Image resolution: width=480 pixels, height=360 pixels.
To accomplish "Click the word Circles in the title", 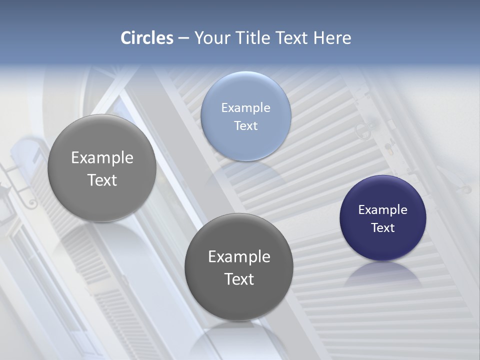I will click(146, 38).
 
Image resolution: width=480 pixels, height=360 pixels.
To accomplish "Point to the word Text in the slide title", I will click(292, 38).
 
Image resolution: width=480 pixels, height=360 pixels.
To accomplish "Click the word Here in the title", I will click(332, 38).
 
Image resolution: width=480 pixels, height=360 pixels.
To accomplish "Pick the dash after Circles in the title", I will click(183, 38).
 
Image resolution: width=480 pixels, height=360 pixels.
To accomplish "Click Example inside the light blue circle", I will click(245, 107).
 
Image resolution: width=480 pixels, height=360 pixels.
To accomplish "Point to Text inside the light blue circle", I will click(245, 125).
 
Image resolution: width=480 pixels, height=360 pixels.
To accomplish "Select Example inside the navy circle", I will click(382, 209).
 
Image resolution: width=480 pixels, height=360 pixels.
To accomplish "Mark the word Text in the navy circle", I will click(382, 227).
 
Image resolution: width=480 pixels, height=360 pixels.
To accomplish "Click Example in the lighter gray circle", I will click(102, 157).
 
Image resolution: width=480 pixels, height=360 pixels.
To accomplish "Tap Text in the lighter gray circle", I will click(102, 180).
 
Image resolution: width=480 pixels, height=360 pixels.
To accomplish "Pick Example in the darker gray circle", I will click(238, 256).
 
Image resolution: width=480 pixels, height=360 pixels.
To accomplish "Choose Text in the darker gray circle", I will click(238, 279).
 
